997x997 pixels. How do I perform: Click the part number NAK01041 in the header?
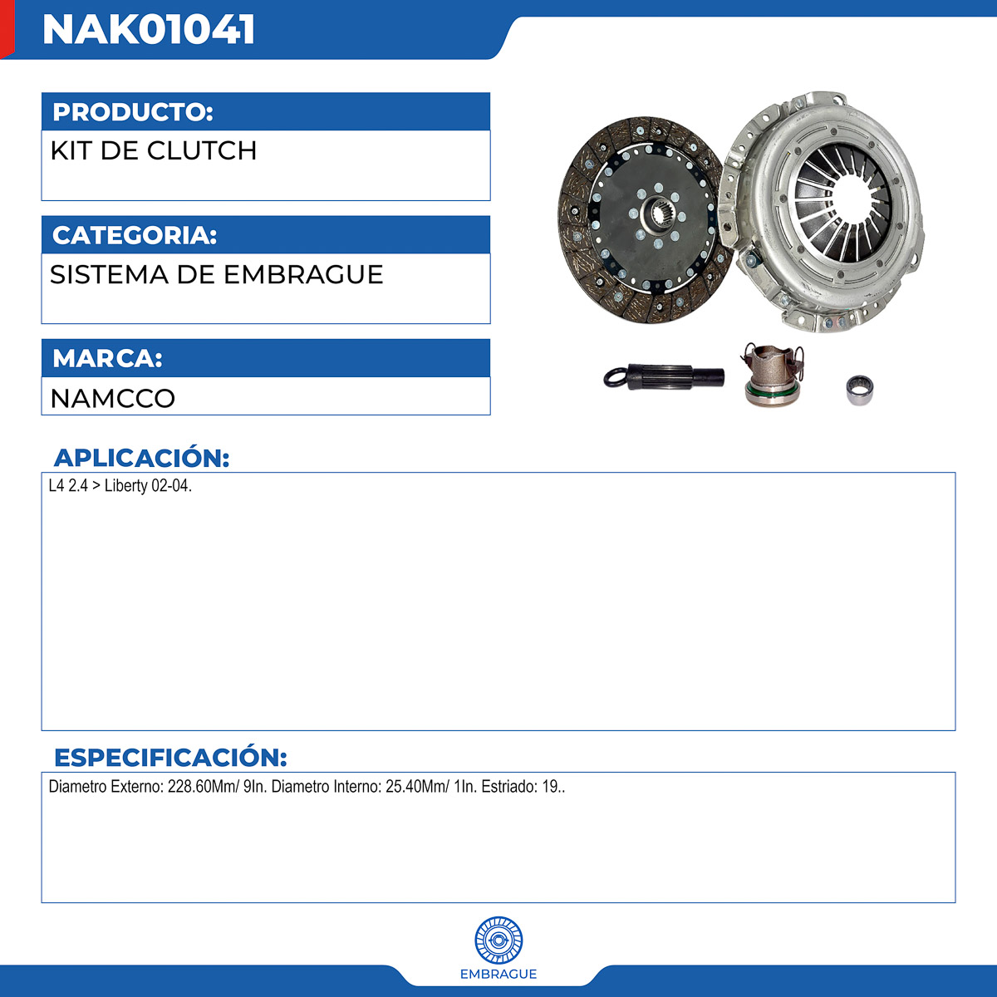149,29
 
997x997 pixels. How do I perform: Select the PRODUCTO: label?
133,112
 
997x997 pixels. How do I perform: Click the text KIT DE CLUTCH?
154,150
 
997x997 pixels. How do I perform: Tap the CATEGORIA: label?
135,235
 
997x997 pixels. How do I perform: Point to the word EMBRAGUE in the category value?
303,274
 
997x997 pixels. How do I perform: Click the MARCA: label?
108,358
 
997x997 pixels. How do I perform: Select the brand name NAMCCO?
113,399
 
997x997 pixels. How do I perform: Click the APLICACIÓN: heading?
142,458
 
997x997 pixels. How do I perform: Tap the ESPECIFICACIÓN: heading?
170,758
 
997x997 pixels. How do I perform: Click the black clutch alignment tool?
664,376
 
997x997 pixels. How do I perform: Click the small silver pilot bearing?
859,390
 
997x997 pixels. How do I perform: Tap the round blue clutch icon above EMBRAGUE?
498,940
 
